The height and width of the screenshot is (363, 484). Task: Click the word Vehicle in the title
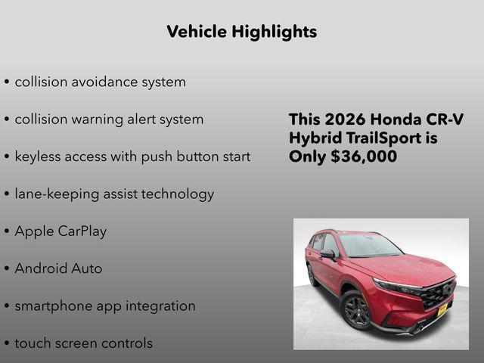[197, 32]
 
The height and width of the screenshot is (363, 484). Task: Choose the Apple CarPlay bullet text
[60, 231]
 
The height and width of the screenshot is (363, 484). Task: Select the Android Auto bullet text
[58, 268]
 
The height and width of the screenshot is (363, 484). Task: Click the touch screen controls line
[83, 343]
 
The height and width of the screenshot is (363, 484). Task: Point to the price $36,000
[364, 157]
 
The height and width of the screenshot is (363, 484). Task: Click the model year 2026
[344, 120]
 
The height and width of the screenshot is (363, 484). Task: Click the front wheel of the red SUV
[357, 309]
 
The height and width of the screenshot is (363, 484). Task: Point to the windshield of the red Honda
[369, 246]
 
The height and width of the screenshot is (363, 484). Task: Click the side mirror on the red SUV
[328, 255]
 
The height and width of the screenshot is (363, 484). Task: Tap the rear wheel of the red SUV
[312, 275]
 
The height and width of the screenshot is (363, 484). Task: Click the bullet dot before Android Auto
[7, 269]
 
